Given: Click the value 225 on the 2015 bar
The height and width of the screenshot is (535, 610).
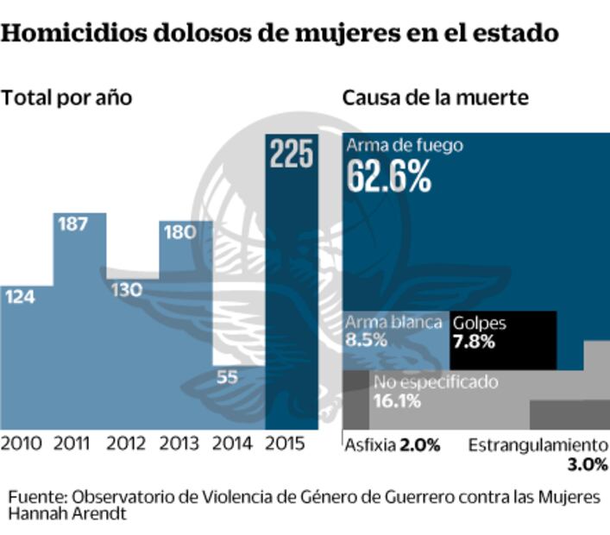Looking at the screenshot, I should tap(292, 154).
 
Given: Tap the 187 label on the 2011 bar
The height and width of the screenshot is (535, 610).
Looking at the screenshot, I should tap(73, 224).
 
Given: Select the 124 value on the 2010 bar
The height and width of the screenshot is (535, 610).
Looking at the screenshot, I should tap(19, 297).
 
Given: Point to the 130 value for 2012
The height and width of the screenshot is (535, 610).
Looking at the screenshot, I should tap(127, 290).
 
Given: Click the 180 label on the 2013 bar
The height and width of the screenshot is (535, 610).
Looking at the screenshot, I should tap(179, 233).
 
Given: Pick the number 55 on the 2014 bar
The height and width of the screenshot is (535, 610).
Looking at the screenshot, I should tap(228, 376).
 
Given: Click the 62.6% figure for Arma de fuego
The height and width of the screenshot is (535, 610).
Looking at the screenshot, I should tap(388, 177).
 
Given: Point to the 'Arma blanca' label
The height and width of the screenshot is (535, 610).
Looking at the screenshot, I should tap(393, 323).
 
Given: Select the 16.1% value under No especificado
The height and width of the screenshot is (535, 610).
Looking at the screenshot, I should tap(397, 400).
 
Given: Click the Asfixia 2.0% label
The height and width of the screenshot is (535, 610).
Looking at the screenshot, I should tap(393, 445).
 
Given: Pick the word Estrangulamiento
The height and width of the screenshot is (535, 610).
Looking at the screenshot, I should tap(538, 445).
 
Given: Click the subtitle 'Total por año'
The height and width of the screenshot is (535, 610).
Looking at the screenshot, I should tap(66, 97).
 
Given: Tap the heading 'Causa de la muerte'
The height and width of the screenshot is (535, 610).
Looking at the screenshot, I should tap(435, 97).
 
